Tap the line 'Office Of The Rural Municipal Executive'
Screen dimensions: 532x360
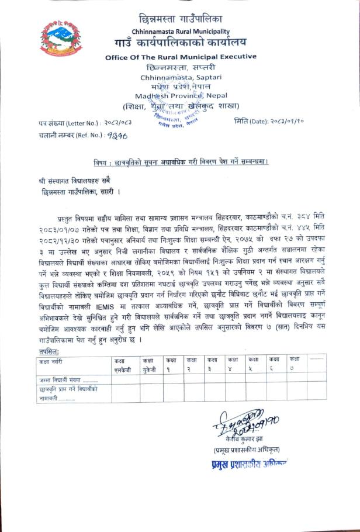click(x=181, y=57)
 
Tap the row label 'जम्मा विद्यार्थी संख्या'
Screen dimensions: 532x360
click(x=65, y=380)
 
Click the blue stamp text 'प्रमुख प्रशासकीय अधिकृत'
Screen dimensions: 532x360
click(x=242, y=463)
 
